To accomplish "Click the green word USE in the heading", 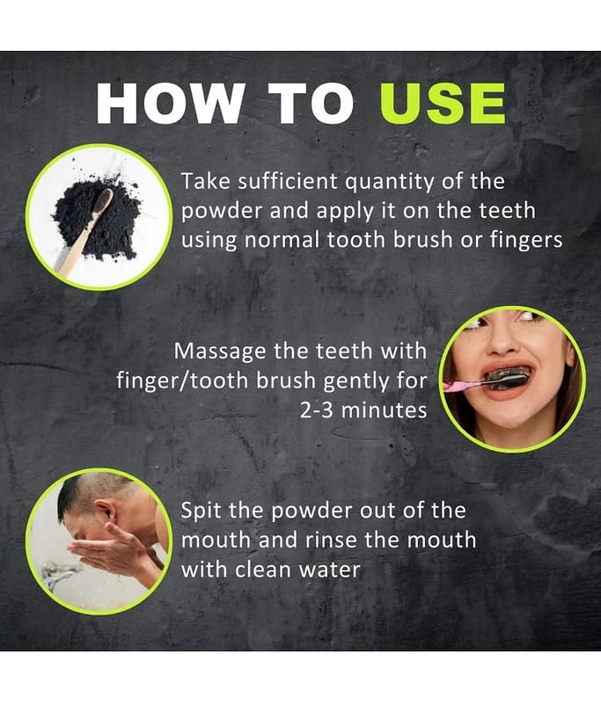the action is click(x=443, y=103).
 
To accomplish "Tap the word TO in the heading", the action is click(x=311, y=103).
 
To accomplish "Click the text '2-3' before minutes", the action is click(x=317, y=409).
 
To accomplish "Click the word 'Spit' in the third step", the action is click(x=200, y=511).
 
